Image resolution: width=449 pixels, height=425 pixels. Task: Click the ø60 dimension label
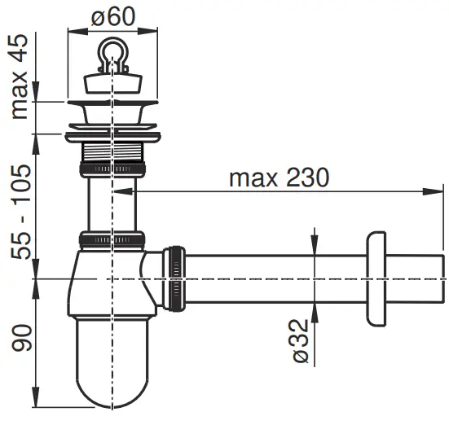[x=112, y=15]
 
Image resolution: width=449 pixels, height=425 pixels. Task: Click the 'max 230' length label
[x=279, y=177]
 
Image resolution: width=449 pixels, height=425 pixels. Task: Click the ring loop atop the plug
[x=112, y=53]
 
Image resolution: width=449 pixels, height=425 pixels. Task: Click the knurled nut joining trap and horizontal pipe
[x=174, y=277]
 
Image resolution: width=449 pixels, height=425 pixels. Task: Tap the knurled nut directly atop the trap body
[x=112, y=240]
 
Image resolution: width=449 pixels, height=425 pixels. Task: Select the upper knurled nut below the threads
[x=112, y=168]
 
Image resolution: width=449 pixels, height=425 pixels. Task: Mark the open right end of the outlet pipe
[x=442, y=278]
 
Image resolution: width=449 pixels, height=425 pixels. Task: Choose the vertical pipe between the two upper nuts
[x=112, y=204]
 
